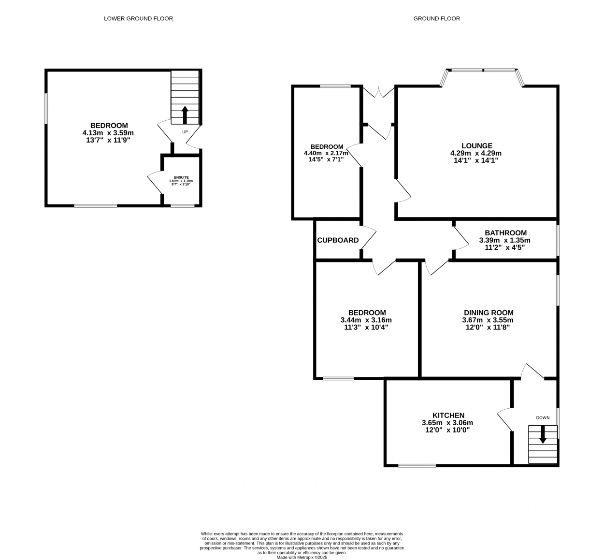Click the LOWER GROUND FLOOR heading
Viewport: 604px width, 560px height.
(138, 18)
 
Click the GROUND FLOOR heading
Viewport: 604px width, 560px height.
(436, 18)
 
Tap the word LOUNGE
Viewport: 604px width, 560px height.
(477, 146)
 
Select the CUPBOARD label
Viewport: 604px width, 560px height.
(338, 240)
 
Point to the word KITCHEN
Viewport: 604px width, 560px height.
(448, 415)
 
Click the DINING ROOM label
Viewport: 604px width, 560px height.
(489, 313)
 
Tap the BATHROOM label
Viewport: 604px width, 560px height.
(505, 233)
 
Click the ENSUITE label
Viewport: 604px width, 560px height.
(181, 177)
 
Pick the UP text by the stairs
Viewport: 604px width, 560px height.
(185, 132)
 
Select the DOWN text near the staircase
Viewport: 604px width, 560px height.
(543, 417)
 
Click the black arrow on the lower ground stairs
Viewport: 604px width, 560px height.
(185, 115)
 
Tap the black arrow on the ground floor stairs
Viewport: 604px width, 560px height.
(543, 434)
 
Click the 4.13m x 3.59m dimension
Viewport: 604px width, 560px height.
(108, 133)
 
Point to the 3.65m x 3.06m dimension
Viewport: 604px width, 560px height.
(447, 422)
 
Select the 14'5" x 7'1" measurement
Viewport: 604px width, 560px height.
(326, 159)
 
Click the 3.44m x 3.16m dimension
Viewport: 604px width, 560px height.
(366, 320)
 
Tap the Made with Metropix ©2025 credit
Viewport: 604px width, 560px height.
(302, 557)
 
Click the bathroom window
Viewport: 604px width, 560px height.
(558, 240)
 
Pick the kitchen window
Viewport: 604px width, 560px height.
(417, 466)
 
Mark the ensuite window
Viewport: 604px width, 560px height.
(183, 206)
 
